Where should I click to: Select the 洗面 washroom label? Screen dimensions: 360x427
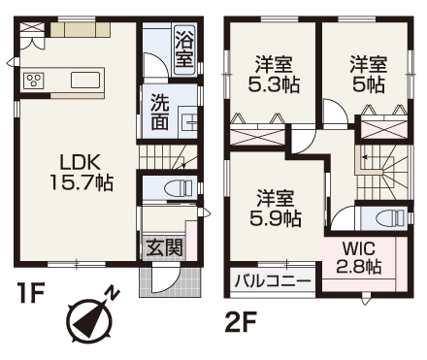point(160,112)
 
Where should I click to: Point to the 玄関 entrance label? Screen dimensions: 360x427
point(164,247)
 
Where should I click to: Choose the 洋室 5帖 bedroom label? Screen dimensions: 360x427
point(370,74)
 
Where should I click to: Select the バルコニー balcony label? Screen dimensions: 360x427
point(272,282)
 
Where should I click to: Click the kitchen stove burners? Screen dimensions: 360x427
point(34,81)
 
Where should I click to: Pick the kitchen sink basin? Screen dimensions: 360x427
point(85,81)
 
